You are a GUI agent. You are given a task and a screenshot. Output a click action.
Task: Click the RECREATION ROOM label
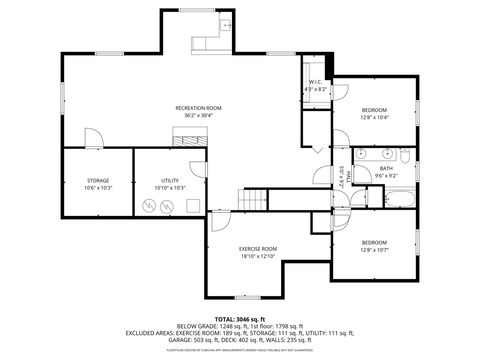[198, 107]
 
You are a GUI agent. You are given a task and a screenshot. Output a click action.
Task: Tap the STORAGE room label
[97, 181]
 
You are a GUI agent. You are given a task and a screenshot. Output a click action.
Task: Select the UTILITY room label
[171, 181]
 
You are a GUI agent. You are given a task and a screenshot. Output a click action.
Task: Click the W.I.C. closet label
[315, 82]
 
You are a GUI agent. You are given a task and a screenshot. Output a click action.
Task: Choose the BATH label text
[386, 168]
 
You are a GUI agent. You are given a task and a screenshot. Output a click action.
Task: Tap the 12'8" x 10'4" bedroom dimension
[374, 117]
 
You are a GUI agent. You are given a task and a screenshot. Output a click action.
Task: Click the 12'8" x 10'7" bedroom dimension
[374, 250]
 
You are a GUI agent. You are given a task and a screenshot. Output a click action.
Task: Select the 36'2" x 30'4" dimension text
[198, 115]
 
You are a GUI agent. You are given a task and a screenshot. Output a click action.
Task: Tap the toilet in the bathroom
[405, 157]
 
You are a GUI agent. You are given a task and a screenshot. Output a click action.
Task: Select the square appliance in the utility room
[189, 204]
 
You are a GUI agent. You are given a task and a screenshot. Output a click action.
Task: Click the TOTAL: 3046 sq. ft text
[240, 318]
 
